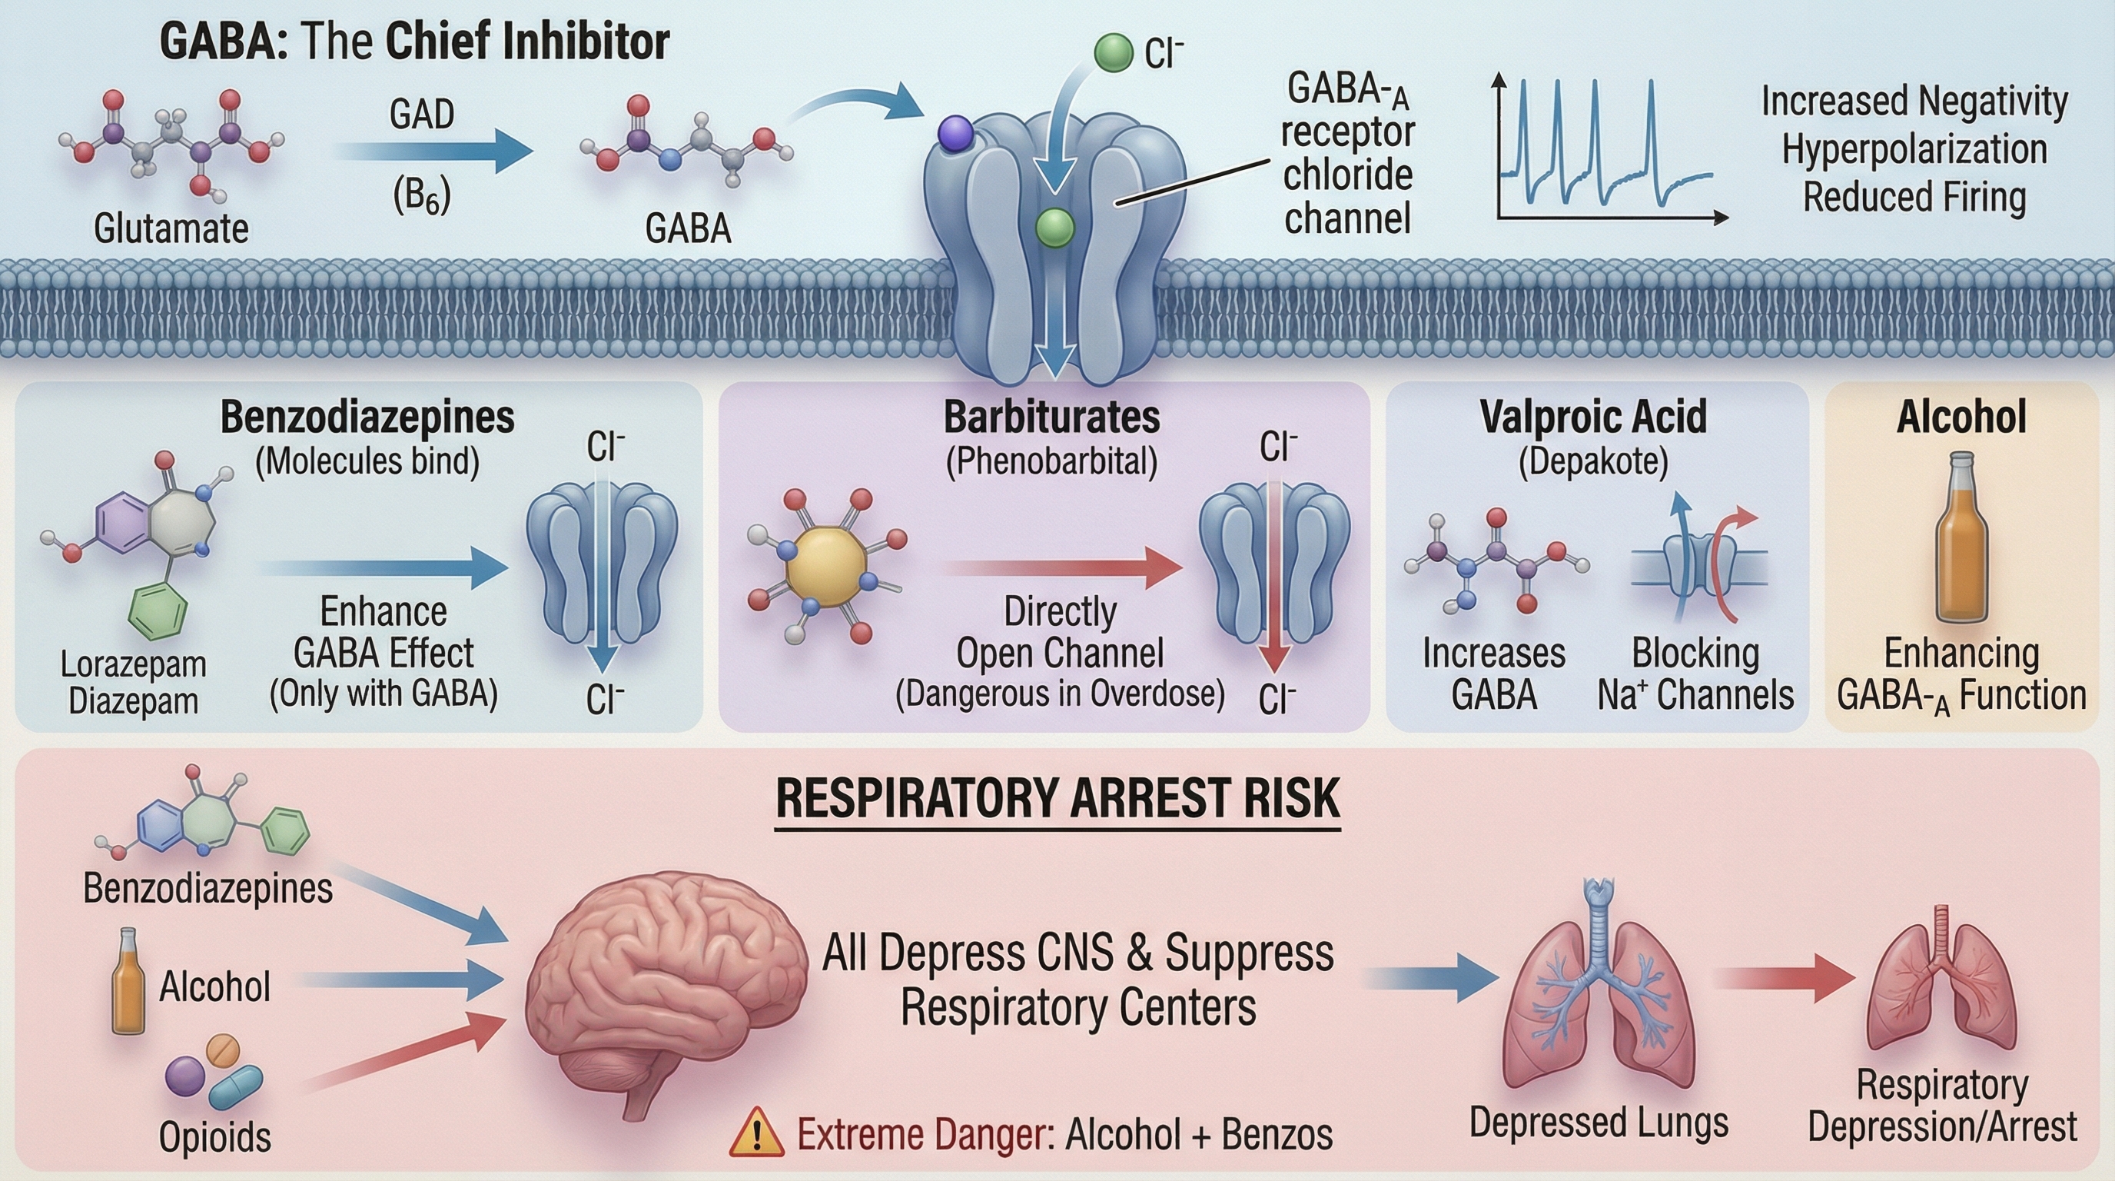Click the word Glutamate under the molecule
171,228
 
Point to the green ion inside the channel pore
1054,227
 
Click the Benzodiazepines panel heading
367,418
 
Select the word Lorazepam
133,664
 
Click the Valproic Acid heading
1593,418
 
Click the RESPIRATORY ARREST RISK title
1057,798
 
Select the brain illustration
665,986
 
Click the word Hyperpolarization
1914,149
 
